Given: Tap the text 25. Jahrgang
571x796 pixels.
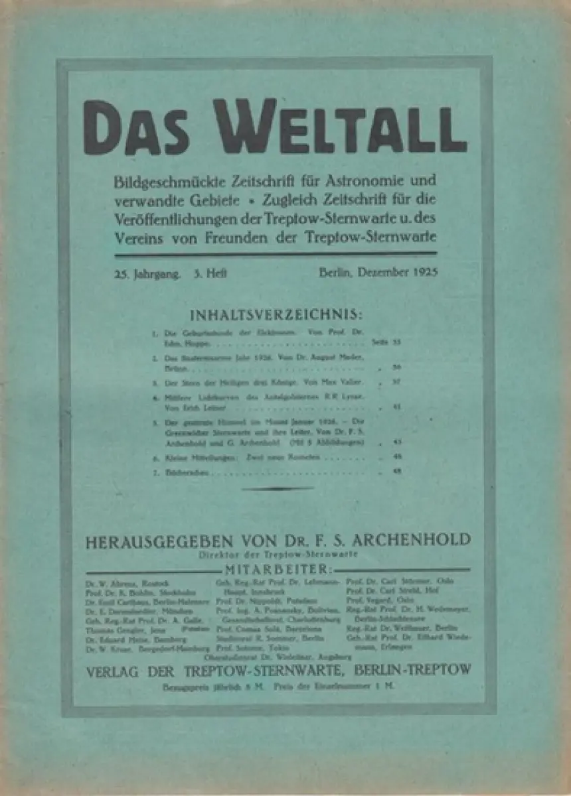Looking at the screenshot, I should pos(147,272).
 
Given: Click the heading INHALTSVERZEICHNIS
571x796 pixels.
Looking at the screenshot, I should pos(276,314).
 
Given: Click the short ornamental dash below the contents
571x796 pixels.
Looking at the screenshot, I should pos(277,489).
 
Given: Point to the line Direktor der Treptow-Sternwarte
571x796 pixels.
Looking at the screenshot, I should pos(277,554).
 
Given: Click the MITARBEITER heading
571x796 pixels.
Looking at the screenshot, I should pos(277,569).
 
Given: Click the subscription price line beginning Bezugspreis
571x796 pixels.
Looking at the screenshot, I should pos(278,687).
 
